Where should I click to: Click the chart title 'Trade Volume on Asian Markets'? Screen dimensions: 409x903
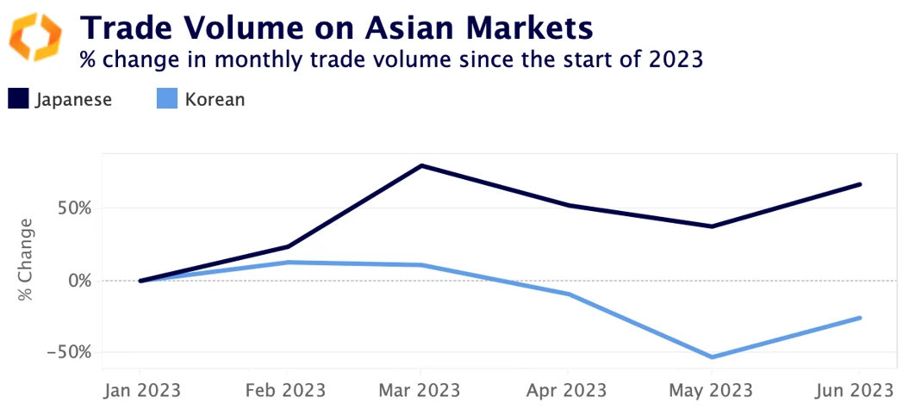click(x=336, y=28)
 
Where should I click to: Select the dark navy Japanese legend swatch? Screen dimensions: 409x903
click(x=18, y=99)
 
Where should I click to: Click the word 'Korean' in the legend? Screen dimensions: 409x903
click(x=215, y=99)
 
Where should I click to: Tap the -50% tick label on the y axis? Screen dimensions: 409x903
click(x=71, y=352)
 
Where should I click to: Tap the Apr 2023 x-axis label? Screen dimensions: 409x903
click(x=568, y=390)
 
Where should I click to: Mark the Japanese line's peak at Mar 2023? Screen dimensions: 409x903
click(x=421, y=165)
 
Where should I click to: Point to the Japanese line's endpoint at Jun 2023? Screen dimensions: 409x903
click(x=860, y=184)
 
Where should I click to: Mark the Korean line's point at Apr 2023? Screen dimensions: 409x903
click(x=568, y=294)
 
